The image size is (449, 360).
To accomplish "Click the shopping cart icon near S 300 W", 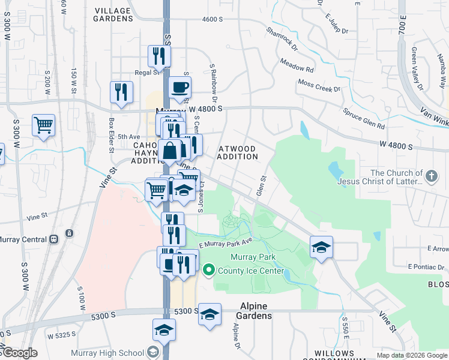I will pyautogui.click(x=43, y=126).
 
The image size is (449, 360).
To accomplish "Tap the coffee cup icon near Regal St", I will pyautogui.click(x=179, y=88).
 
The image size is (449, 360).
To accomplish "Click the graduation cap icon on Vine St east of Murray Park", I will pyautogui.click(x=321, y=247).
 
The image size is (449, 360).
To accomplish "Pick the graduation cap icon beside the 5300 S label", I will pyautogui.click(x=209, y=314).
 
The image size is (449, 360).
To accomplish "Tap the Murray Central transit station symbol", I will pyautogui.click(x=53, y=239).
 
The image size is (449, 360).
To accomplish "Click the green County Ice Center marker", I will pyautogui.click(x=209, y=271).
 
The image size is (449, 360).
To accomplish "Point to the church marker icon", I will pyautogui.click(x=431, y=176).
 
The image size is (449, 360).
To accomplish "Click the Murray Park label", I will pyautogui.click(x=253, y=257).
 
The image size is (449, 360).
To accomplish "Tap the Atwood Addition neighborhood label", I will pyautogui.click(x=238, y=152).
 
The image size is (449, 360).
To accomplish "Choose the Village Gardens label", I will pyautogui.click(x=113, y=14).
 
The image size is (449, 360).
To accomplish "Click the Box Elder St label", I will pyautogui.click(x=112, y=134).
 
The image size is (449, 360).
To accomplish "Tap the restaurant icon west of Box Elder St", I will pyautogui.click(x=121, y=92).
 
